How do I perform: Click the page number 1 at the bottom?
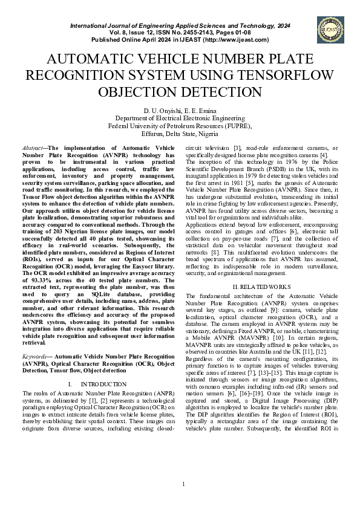point(183,484)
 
